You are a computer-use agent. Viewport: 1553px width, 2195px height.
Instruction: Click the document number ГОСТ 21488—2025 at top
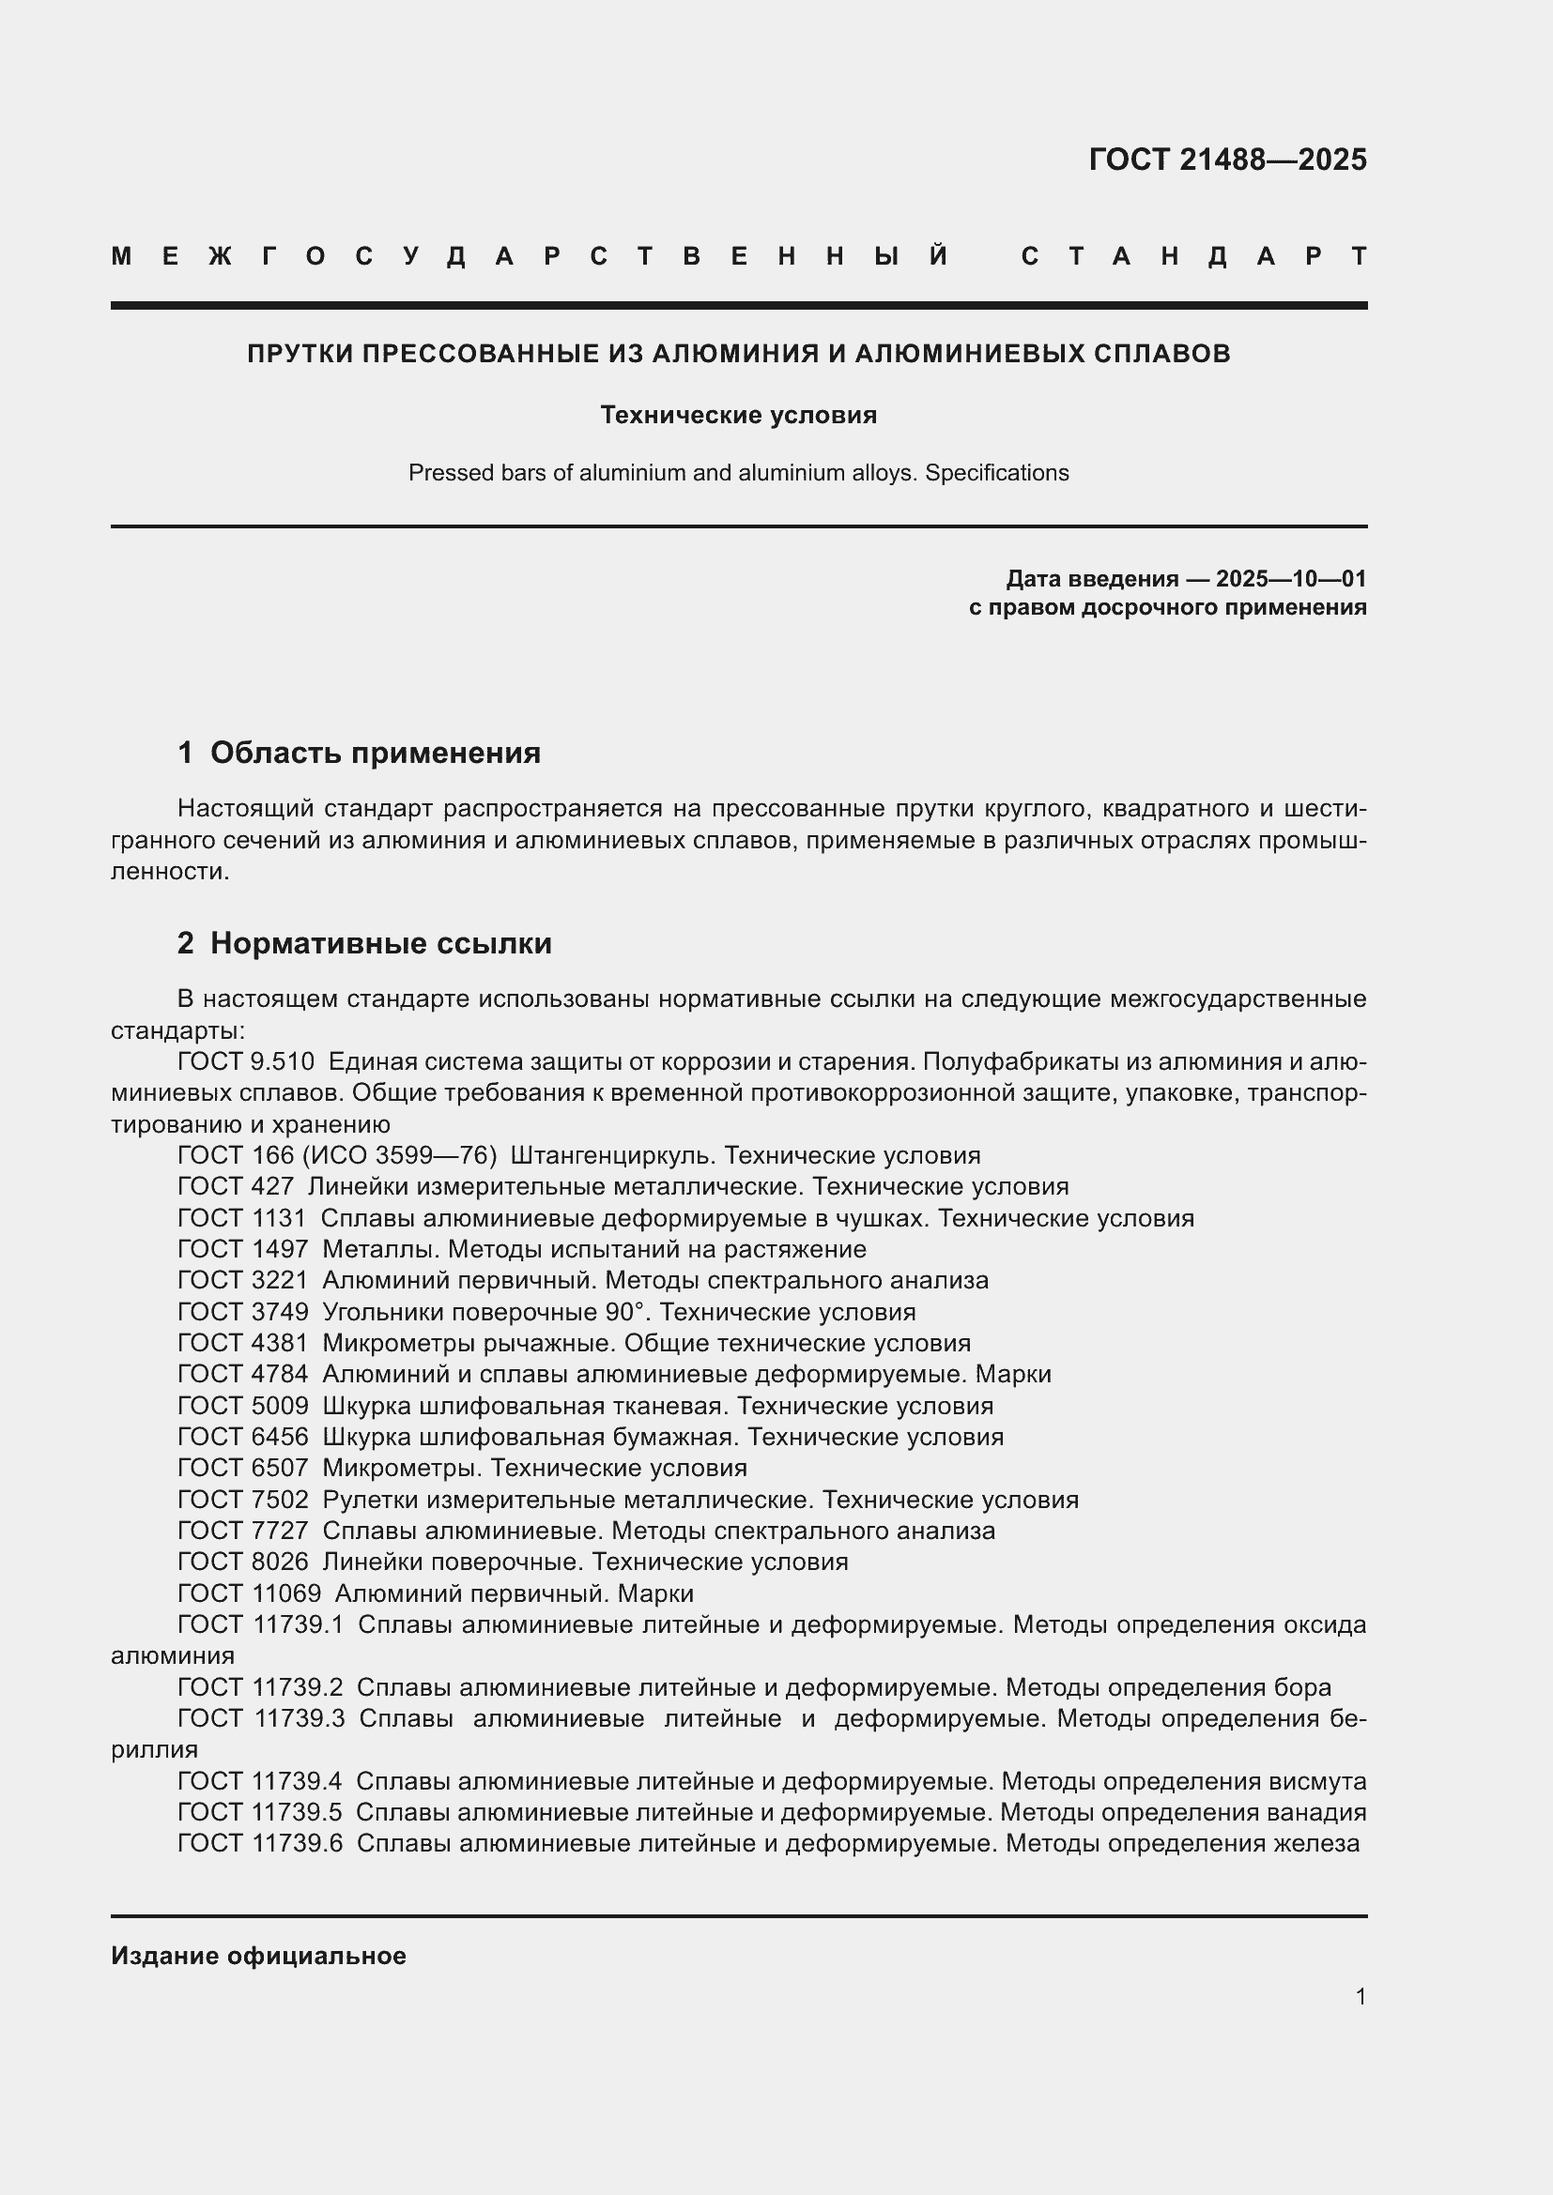(x=1227, y=160)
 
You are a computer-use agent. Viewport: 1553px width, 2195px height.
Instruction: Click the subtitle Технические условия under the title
(x=738, y=415)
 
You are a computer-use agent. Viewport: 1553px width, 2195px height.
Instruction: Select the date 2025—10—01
(x=1291, y=578)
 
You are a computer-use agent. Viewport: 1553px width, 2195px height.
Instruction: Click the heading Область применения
(x=375, y=753)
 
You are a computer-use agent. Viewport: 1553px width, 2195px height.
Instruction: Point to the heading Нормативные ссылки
(x=380, y=942)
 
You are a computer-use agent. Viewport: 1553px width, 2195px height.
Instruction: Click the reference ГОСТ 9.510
(x=246, y=1061)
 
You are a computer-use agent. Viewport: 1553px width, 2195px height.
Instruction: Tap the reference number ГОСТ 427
(x=236, y=1186)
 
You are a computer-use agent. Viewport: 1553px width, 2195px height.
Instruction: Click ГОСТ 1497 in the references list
(x=243, y=1248)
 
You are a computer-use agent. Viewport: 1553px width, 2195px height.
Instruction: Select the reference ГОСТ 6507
(x=243, y=1468)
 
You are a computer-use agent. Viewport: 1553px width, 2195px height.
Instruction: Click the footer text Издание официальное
(x=258, y=1956)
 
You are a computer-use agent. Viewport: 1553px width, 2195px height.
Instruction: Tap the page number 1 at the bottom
(x=1361, y=1996)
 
